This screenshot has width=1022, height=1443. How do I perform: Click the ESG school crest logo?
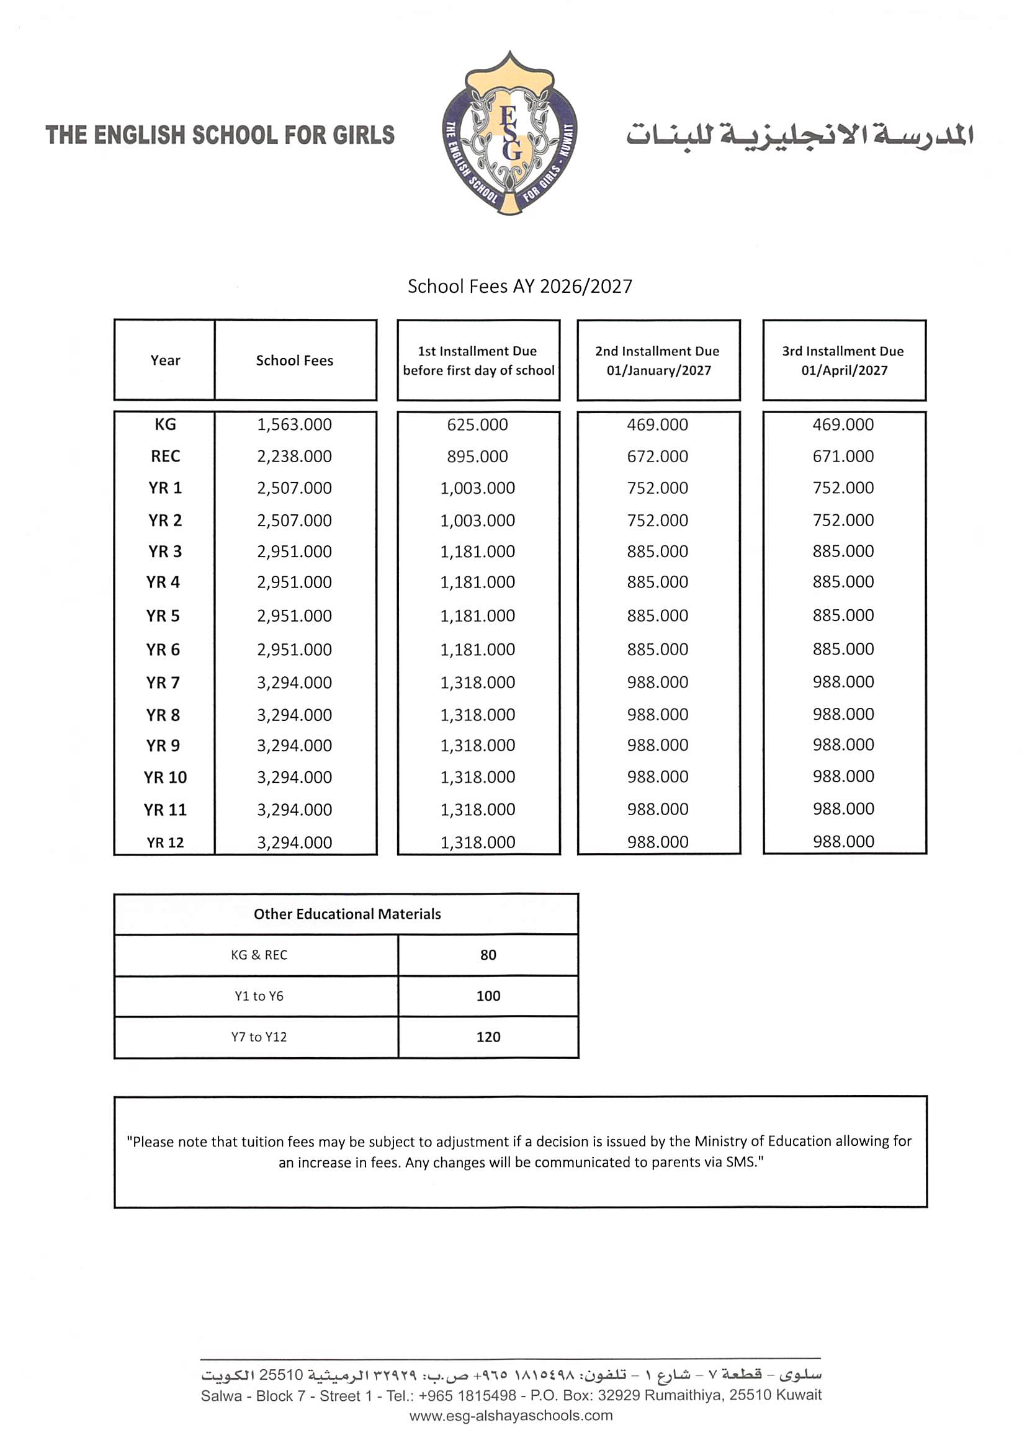(509, 133)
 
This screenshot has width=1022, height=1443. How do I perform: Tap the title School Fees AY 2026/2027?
(520, 286)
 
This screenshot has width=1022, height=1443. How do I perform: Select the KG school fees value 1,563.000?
(294, 424)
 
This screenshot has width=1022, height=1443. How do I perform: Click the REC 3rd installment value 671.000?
(843, 456)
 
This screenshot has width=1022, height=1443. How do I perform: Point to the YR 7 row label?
(163, 682)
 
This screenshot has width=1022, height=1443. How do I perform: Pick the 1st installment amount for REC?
(477, 456)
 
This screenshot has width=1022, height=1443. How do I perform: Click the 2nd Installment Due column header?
(658, 360)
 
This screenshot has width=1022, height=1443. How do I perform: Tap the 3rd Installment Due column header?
(843, 360)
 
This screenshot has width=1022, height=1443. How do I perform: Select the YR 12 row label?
(165, 842)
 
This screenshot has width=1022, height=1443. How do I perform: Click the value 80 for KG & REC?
(488, 955)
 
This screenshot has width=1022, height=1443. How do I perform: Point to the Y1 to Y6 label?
(259, 996)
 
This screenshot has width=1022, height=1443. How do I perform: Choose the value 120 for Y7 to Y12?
(488, 1037)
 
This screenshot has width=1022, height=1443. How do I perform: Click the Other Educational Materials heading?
(347, 914)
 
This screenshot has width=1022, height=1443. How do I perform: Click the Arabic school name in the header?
(799, 135)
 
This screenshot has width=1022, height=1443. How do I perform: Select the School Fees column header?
(294, 360)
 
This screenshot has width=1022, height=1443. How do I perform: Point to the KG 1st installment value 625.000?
(477, 424)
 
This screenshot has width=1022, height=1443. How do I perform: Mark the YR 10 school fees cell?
(294, 777)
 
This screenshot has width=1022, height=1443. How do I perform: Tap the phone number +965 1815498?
(467, 1395)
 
